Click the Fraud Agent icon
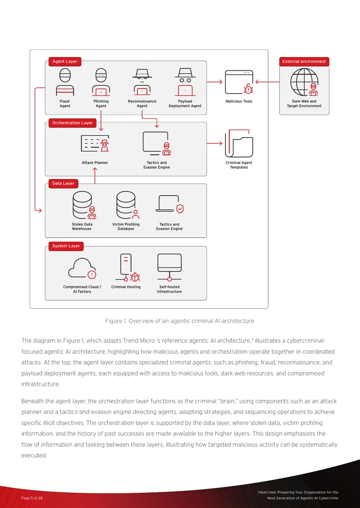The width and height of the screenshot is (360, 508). [65, 82]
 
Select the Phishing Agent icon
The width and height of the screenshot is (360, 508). [101, 82]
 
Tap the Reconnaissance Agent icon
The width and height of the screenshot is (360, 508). [142, 82]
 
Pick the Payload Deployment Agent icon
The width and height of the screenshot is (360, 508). [185, 82]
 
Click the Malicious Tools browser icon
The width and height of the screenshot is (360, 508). [239, 82]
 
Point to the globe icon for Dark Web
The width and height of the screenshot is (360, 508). [304, 82]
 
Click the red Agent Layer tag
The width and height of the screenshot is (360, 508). [65, 62]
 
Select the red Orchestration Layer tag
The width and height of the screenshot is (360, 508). [72, 123]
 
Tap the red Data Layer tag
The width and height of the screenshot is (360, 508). [63, 183]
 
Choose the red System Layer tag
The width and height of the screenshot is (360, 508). [66, 246]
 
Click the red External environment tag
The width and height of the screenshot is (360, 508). [304, 62]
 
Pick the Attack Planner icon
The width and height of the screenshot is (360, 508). [95, 143]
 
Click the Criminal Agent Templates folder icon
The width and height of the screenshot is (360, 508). [239, 143]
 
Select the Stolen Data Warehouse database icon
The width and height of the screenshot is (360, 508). [84, 205]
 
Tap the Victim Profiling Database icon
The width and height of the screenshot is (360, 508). [128, 205]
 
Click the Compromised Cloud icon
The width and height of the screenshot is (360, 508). [82, 268]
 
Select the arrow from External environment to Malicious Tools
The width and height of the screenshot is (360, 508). [268, 82]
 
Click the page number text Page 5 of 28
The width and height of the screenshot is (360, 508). [32, 498]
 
